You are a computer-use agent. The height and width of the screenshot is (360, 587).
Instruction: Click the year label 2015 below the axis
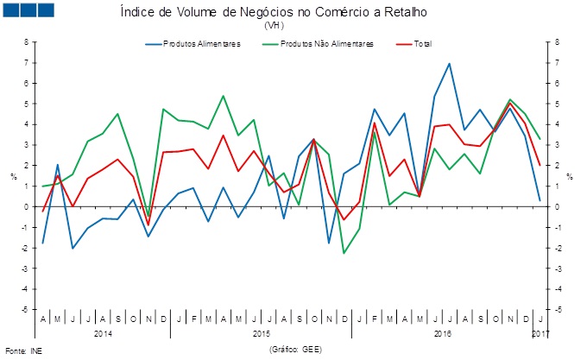coord(262,332)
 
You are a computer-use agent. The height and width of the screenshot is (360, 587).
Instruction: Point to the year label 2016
coord(442,332)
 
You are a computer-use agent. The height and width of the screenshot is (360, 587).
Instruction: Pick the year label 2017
coord(540,332)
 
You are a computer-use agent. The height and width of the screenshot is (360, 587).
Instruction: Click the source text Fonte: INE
coord(23,351)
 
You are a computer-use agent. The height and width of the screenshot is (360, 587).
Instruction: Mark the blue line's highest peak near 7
coord(449,63)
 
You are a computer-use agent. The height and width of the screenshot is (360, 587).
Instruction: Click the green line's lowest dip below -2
coord(344,253)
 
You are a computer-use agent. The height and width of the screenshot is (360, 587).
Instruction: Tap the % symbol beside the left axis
coord(14,176)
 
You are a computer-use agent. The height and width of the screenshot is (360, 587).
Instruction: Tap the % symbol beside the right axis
coord(570,176)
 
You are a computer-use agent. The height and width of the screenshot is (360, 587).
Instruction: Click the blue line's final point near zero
coord(540,201)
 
